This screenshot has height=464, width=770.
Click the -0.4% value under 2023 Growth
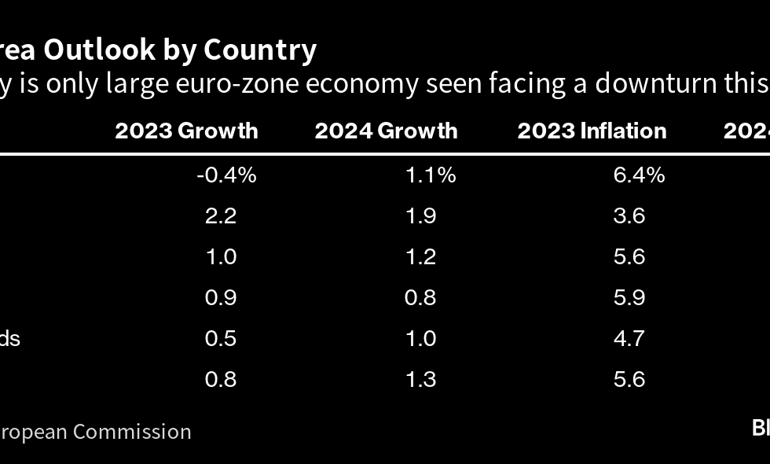(x=226, y=175)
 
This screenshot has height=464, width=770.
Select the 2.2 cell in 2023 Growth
(x=221, y=215)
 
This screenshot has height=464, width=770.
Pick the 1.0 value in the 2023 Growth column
(x=221, y=256)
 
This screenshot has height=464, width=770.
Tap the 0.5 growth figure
(x=221, y=338)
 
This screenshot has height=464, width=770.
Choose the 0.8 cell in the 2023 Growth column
(x=221, y=379)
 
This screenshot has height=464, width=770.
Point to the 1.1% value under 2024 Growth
(x=431, y=175)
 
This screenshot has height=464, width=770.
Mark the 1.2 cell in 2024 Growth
(x=420, y=256)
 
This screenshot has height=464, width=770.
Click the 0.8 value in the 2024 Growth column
(x=420, y=297)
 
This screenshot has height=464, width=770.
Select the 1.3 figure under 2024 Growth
(x=420, y=379)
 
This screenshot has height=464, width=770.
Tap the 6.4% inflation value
(x=639, y=175)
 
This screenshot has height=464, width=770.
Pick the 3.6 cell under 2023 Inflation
(x=629, y=215)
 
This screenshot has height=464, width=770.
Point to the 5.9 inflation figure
(x=629, y=297)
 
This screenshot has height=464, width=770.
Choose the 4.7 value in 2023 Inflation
(x=629, y=338)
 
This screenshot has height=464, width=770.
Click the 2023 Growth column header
(x=186, y=131)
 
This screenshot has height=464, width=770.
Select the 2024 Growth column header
(x=386, y=131)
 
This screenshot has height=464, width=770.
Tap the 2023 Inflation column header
(x=592, y=131)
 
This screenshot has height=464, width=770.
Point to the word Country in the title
(x=260, y=50)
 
